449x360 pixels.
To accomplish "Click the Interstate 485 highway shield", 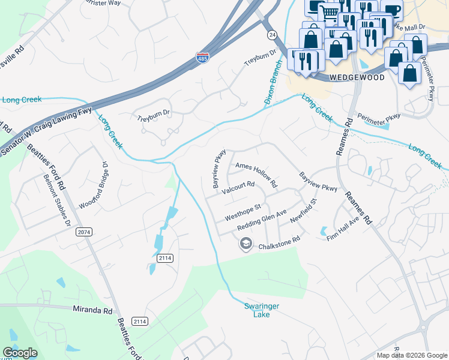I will (x=202, y=58).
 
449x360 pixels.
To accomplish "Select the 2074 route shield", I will (x=84, y=232).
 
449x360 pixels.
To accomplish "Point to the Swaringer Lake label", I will (x=262, y=310).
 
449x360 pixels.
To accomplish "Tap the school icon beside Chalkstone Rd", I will (x=246, y=244).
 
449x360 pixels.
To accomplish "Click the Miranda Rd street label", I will (x=92, y=311).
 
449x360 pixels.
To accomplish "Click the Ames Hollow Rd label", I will (x=256, y=174).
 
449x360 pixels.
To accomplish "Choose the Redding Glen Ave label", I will (x=262, y=220).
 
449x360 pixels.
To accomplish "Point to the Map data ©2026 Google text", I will (x=412, y=355).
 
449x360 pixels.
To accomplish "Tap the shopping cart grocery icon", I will (x=329, y=11).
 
